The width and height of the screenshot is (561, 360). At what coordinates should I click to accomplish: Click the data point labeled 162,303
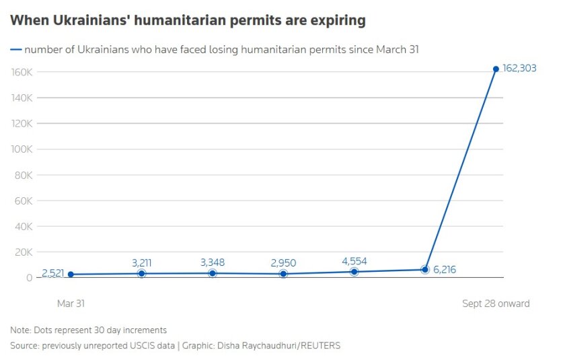click(x=496, y=69)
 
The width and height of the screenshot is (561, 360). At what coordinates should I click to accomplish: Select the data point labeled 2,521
click(x=71, y=275)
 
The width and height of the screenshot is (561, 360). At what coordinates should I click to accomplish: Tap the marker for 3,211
click(x=141, y=273)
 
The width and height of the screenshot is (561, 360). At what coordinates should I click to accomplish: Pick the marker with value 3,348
click(x=213, y=273)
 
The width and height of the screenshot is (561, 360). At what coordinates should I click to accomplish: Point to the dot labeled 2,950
click(x=283, y=274)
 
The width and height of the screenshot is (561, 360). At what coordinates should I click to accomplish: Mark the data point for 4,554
click(x=354, y=272)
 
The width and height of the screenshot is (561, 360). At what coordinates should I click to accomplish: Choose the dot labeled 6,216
click(x=425, y=269)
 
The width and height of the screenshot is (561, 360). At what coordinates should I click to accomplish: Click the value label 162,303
click(x=519, y=68)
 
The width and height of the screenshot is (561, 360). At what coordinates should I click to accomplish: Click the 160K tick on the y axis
click(x=23, y=72)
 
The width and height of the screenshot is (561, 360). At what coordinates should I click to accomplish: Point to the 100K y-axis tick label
click(x=23, y=149)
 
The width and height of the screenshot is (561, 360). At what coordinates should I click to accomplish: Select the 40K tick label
click(x=24, y=227)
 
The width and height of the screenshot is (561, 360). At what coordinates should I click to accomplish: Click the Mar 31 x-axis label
click(x=71, y=303)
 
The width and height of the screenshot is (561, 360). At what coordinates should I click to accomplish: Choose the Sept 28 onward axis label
click(x=496, y=303)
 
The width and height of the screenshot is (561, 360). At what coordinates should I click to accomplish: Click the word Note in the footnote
click(x=20, y=330)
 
